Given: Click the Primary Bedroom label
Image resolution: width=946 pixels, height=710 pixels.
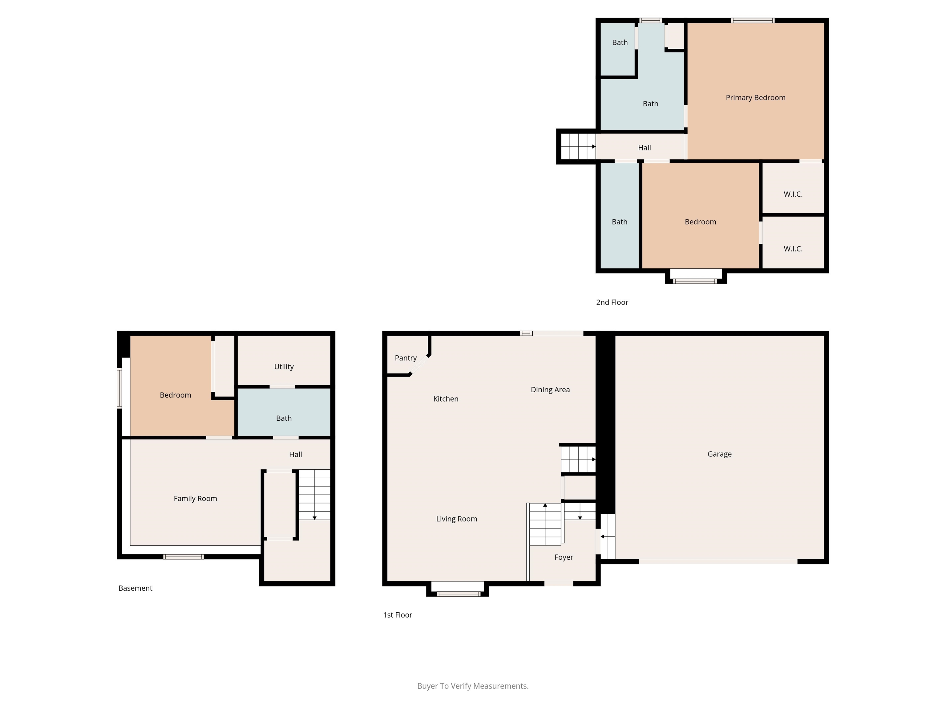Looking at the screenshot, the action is point(755,98).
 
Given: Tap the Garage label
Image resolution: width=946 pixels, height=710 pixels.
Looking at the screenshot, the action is point(719,454).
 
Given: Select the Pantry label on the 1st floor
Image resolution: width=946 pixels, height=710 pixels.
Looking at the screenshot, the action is point(406,358).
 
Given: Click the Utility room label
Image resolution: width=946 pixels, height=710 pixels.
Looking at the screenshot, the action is point(284,367).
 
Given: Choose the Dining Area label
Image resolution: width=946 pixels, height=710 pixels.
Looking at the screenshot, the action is point(550,390).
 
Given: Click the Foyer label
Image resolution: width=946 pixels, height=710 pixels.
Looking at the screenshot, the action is point(564,557).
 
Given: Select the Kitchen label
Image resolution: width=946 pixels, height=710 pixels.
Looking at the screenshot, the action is point(446,399).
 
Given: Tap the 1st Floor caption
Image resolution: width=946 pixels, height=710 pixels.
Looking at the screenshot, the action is point(397,615).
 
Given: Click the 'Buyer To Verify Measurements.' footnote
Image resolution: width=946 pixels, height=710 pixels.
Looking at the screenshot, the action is point(473,686).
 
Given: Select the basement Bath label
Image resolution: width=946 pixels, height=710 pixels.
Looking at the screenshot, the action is point(284,418).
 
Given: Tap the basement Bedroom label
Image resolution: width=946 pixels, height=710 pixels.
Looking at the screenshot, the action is point(175,395).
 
